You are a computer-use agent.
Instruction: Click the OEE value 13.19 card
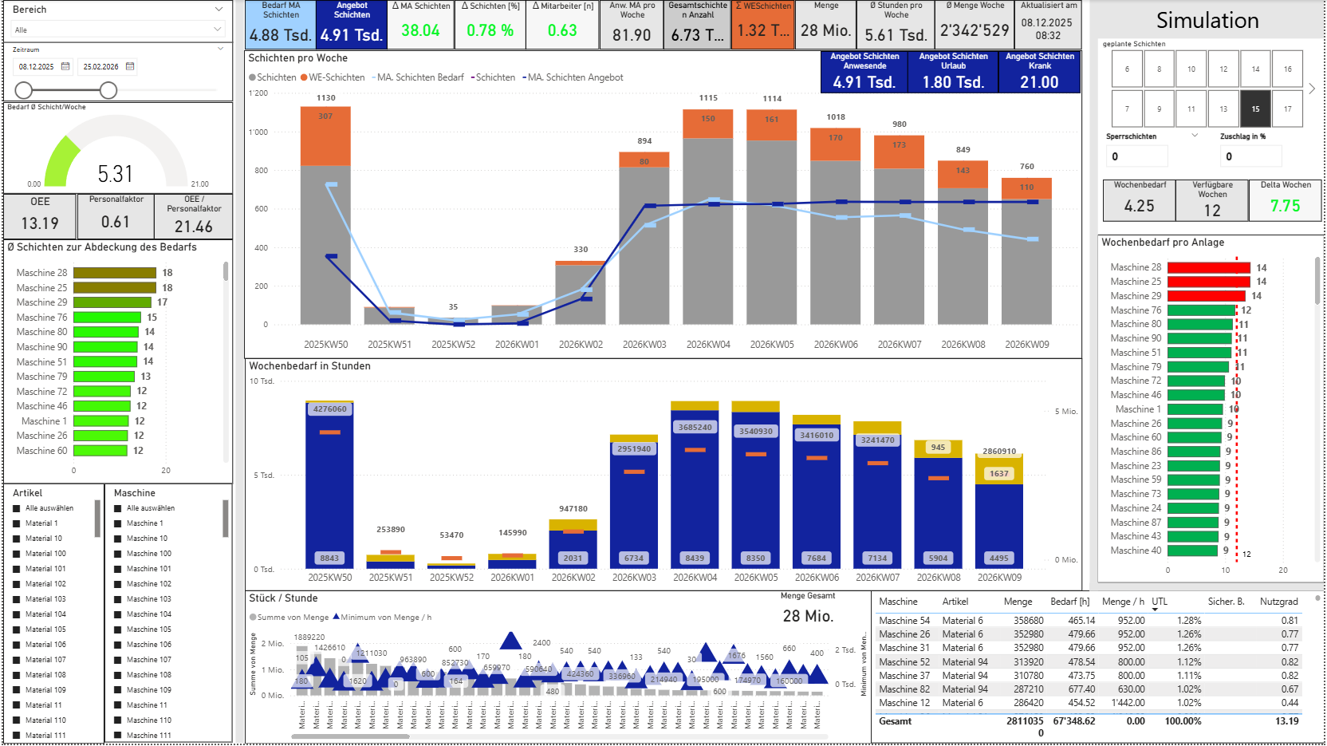pyautogui.click(x=40, y=223)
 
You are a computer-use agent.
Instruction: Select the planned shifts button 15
pyautogui.click(x=1255, y=109)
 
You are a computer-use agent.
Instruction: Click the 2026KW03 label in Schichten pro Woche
pyautogui.click(x=644, y=345)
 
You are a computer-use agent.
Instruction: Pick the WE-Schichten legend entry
pyautogui.click(x=333, y=77)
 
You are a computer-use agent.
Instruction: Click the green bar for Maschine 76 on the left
pyautogui.click(x=108, y=318)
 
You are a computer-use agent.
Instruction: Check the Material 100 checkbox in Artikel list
pyautogui.click(x=17, y=554)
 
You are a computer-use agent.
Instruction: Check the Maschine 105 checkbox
pyautogui.click(x=118, y=630)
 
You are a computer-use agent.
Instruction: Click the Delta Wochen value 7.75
pyautogui.click(x=1285, y=206)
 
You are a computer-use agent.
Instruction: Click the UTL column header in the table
pyautogui.click(x=1160, y=602)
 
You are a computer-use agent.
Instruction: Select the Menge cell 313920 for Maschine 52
pyautogui.click(x=1028, y=662)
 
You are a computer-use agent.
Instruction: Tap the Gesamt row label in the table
pyautogui.click(x=896, y=721)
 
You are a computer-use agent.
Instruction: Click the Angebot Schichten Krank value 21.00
pyautogui.click(x=1039, y=82)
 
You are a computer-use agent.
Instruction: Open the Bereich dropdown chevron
pyautogui.click(x=219, y=10)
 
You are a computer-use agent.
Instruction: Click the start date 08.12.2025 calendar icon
pyautogui.click(x=65, y=66)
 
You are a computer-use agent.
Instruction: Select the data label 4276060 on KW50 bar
pyautogui.click(x=329, y=409)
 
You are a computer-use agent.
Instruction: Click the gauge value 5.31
pyautogui.click(x=115, y=174)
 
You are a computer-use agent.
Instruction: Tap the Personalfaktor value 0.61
pyautogui.click(x=116, y=222)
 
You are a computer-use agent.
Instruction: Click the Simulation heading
pyautogui.click(x=1207, y=21)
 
